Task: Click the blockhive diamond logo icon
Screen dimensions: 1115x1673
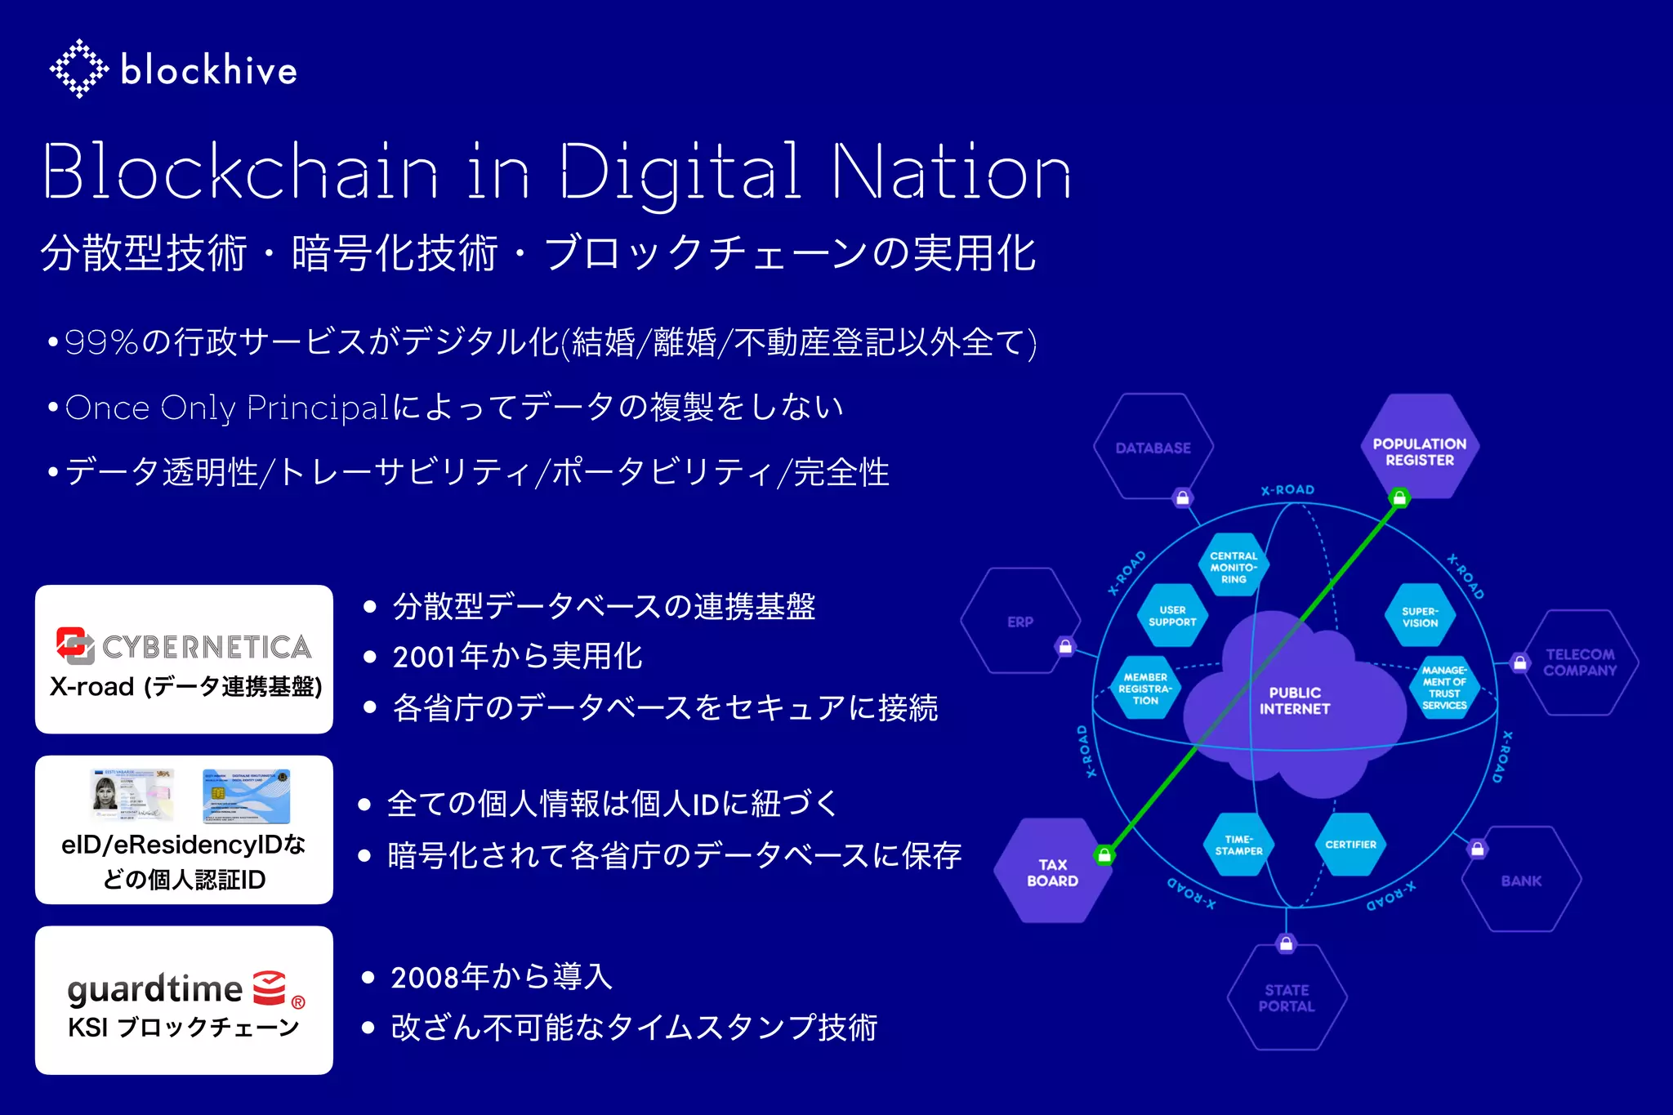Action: click(78, 69)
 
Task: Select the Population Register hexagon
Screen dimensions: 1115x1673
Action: click(1419, 451)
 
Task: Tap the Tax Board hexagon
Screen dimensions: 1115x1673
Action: click(1052, 872)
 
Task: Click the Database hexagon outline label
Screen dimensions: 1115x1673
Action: click(1153, 448)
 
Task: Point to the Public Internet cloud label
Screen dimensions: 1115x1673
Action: click(1295, 701)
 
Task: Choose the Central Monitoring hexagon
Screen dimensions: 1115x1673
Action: click(1234, 567)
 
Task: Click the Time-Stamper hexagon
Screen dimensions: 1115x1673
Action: click(1238, 845)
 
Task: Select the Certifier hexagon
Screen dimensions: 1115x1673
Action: click(1350, 845)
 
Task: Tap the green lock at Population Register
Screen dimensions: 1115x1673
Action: click(1399, 497)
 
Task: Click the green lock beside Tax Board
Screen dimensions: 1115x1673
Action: click(1104, 855)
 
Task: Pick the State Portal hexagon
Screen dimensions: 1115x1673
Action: click(1287, 997)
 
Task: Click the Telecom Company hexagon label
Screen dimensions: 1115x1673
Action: click(1580, 662)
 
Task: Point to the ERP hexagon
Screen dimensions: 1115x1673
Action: click(1020, 622)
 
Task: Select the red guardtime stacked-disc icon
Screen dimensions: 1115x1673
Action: click(270, 988)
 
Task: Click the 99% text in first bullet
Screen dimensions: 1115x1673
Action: click(101, 342)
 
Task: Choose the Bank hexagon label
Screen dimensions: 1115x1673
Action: click(1521, 881)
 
